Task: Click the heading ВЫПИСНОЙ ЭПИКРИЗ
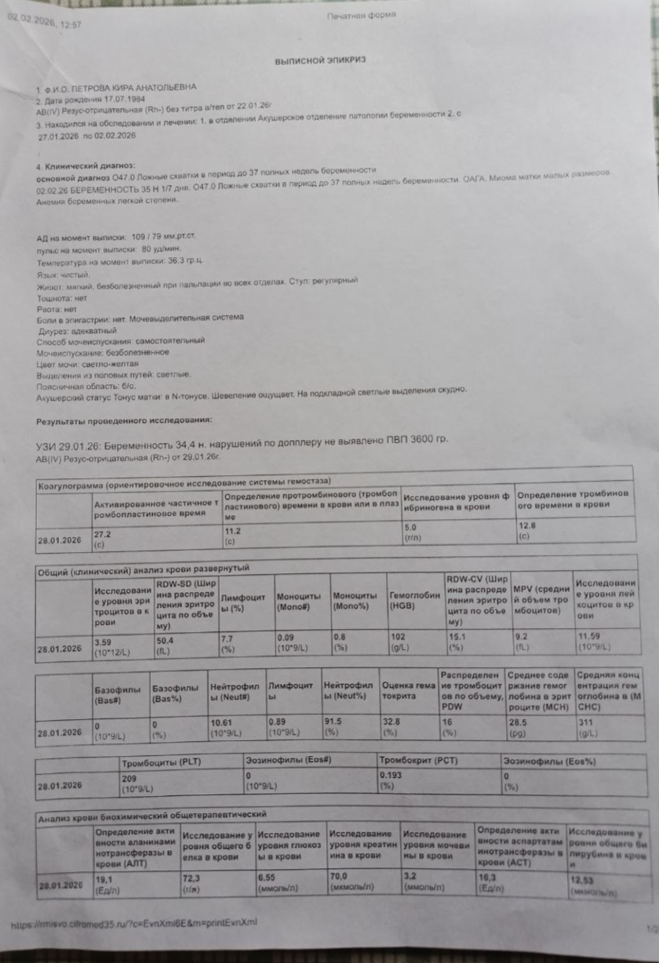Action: (x=319, y=60)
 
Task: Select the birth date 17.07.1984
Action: (x=107, y=101)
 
